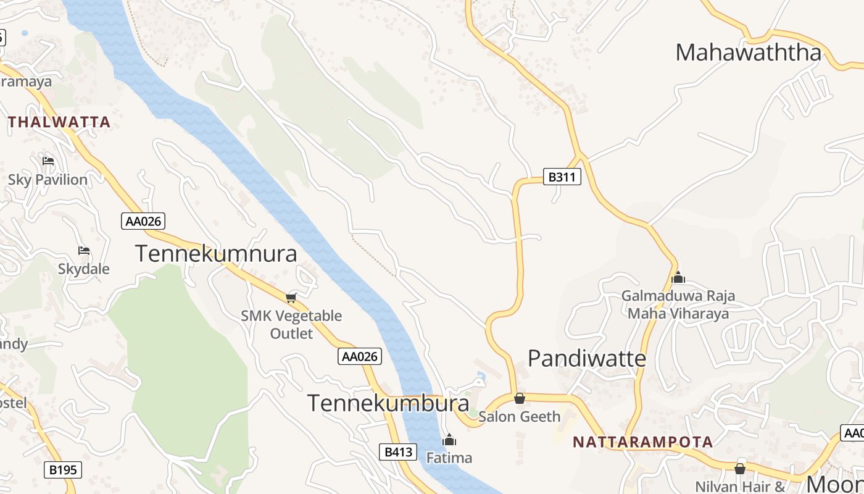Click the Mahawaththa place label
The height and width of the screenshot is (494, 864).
coord(748,53)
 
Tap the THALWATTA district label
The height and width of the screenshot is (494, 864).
coord(59,122)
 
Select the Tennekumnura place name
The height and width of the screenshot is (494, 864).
coord(215,254)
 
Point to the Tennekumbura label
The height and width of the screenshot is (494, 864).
coord(388,403)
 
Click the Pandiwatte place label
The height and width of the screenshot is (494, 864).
coord(587,359)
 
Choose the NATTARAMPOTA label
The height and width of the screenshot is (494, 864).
coord(642,442)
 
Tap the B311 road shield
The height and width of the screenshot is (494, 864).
coord(562,177)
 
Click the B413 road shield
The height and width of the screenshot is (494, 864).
coord(398,452)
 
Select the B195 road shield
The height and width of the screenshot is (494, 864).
coord(63,470)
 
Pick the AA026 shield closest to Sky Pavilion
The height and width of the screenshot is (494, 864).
coord(143,221)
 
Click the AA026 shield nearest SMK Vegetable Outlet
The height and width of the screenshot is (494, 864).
coord(360,356)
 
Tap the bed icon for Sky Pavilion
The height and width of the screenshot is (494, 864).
coord(48,161)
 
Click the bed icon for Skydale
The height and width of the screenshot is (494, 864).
coord(84,251)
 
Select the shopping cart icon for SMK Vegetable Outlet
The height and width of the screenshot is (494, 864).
coord(291,298)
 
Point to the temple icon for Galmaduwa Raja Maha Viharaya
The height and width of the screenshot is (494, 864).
coord(678,277)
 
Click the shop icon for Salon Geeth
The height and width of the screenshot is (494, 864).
coord(520,398)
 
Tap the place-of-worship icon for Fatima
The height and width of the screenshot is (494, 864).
coord(449,440)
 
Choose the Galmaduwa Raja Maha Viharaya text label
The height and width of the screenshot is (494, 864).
coord(678,304)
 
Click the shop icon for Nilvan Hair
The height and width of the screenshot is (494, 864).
coord(740,469)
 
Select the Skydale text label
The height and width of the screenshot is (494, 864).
coord(84,269)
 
